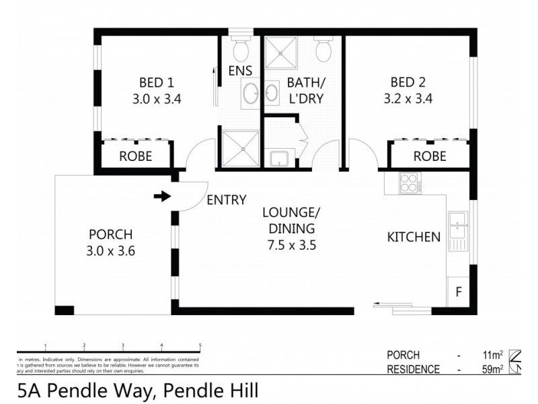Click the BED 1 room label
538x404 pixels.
coord(156,83)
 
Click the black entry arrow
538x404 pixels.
coord(162,197)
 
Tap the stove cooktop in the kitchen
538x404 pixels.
coord(409,183)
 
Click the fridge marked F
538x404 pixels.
coord(459,292)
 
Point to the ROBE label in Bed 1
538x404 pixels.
coord(135,156)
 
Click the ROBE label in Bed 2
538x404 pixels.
coord(430,156)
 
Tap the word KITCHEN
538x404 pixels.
coord(414,237)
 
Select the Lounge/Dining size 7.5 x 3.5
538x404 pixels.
coord(291,245)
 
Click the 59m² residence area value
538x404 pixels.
coord(492,369)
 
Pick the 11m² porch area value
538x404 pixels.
coord(492,355)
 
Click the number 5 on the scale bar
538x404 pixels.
coord(200,345)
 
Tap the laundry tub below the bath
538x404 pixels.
coord(279,159)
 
